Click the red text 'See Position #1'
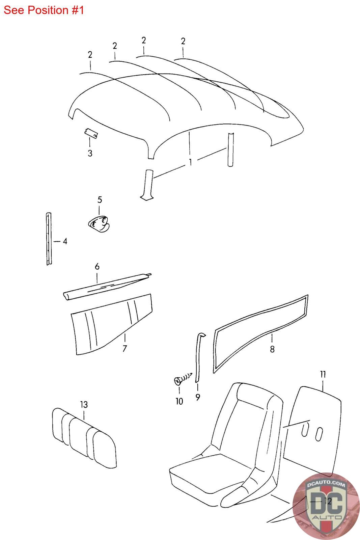pos(44,10)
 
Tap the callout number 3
pos(90,153)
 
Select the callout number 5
pos(100,199)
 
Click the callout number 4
pos(65,241)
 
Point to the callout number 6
pos(97,267)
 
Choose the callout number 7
pos(124,349)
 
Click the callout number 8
pos(272,349)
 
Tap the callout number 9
pos(197,397)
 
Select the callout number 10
pos(179,401)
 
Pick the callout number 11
pos(323,374)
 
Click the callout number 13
pos(84,404)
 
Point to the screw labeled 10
pos(178,381)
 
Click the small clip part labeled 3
pos(91,134)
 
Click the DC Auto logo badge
pos(326,506)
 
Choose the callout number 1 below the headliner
pos(190,162)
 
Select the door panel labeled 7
pos(108,326)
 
